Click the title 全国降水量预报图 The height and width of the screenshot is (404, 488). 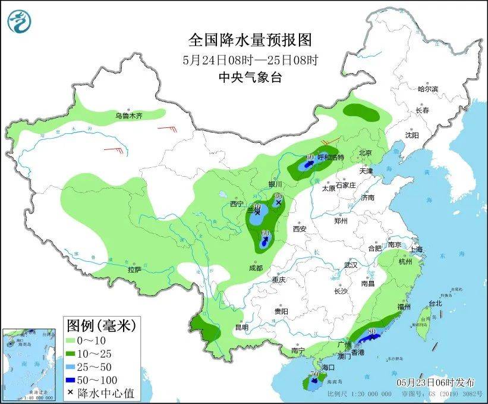pos(250,40)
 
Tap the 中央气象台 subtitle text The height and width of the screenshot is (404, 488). pos(250,76)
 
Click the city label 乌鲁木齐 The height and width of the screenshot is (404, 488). pos(129,115)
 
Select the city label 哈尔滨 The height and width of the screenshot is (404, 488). pos(427,89)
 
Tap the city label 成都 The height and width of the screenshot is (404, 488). pos(256,268)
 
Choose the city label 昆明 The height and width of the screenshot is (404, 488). pos(241,327)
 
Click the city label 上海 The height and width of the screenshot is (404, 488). pos(415,249)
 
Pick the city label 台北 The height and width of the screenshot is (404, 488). pos(435,303)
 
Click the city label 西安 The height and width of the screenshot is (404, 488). pos(298,228)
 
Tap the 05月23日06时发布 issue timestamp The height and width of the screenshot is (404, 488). pos(436,380)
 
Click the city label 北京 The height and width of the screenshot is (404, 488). pos(365,153)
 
